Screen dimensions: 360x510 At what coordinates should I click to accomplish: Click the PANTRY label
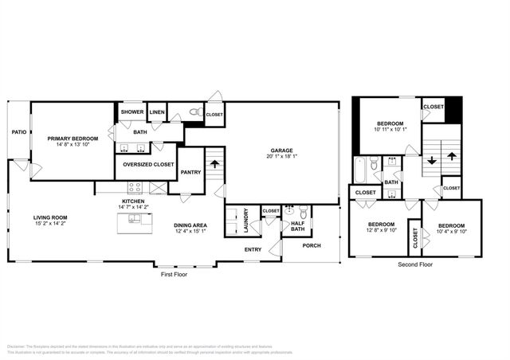click(190, 172)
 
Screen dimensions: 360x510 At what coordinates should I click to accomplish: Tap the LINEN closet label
click(157, 112)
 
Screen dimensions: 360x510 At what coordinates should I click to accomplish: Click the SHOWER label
click(132, 112)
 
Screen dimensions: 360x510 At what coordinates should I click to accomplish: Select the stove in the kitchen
click(135, 188)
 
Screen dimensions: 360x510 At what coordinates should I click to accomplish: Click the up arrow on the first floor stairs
click(214, 163)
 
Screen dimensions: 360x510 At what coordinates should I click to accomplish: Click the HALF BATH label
click(298, 226)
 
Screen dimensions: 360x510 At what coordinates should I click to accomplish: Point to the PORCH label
click(312, 245)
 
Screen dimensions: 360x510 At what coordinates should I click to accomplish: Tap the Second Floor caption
click(414, 264)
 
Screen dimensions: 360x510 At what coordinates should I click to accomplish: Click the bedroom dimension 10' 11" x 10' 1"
click(390, 130)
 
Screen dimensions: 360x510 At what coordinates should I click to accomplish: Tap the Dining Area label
click(190, 225)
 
